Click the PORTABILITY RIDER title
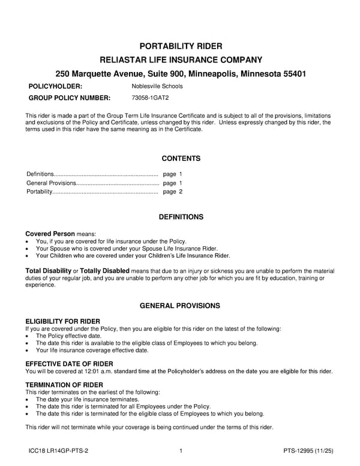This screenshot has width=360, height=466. (x=181, y=46)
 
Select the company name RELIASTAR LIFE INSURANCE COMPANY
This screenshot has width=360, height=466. (x=181, y=59)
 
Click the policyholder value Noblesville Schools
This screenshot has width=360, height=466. (x=157, y=86)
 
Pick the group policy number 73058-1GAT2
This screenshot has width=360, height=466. (x=150, y=98)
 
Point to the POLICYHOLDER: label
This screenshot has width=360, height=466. (x=56, y=86)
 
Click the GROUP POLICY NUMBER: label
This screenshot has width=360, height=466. (x=70, y=98)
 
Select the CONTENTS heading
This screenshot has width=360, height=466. (x=181, y=159)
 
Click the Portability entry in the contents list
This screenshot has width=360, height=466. (x=40, y=192)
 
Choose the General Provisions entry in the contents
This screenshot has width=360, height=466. (x=52, y=183)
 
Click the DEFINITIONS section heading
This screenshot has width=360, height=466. (x=181, y=217)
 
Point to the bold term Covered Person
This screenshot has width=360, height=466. (x=50, y=233)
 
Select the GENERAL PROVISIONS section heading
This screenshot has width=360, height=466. (x=180, y=306)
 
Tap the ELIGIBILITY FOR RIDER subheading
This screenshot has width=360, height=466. (x=63, y=321)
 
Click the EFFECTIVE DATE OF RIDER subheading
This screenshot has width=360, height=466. (x=69, y=364)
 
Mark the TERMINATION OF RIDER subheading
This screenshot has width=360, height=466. (x=64, y=384)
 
